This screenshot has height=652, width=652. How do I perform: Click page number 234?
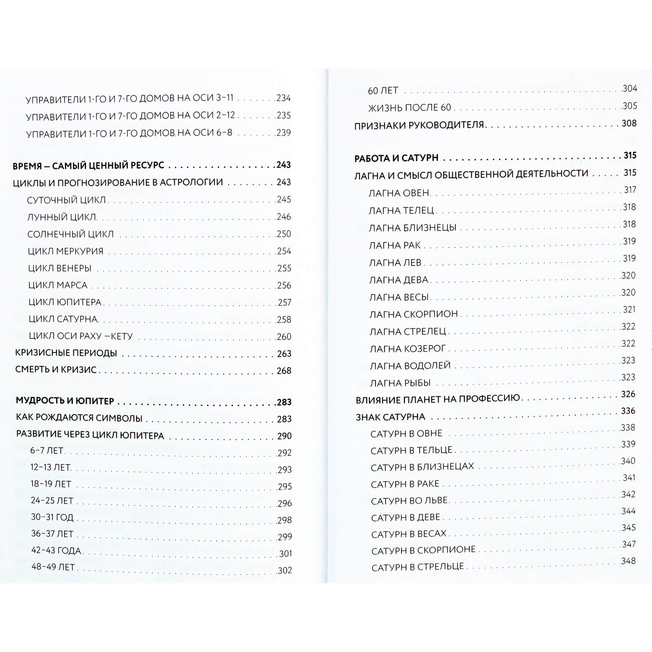[x=284, y=98]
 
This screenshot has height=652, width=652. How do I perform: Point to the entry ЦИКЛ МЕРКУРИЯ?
[x=66, y=251]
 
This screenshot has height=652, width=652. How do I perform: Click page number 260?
[x=284, y=337]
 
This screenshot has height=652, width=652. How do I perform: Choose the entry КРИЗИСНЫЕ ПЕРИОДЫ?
[x=66, y=353]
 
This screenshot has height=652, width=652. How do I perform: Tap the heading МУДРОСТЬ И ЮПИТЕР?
[x=65, y=401]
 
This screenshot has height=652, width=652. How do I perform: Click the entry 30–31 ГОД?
[x=52, y=517]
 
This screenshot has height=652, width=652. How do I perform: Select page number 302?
[x=285, y=571]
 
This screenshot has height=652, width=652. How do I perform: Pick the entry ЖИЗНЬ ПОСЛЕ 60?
[x=409, y=108]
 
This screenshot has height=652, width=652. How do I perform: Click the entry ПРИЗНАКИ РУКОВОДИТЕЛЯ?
[x=419, y=125]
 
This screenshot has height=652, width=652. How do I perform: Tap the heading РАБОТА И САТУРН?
[x=396, y=158]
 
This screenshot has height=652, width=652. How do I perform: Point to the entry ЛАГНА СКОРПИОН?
[x=414, y=314]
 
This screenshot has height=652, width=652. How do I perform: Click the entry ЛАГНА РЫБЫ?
[x=400, y=383]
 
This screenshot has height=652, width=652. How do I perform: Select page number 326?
[x=628, y=394]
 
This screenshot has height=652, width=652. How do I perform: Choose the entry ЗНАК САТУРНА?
[x=391, y=417]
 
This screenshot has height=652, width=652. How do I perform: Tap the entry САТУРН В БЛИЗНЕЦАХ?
[x=422, y=467]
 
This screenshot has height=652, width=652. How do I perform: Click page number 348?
[x=628, y=561]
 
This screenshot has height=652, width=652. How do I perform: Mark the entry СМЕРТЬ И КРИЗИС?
[x=56, y=369]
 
